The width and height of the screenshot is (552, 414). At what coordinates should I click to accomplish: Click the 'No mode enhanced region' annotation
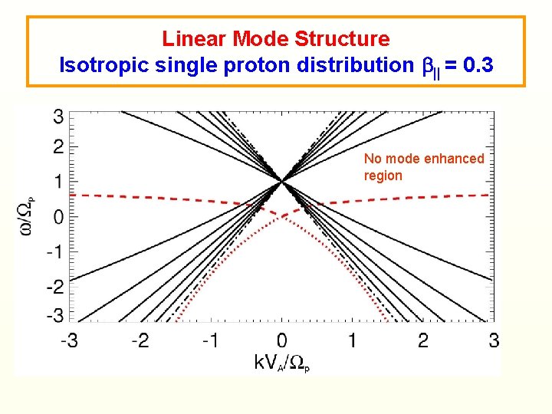(x=423, y=167)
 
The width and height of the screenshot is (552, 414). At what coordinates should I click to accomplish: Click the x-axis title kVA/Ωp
(x=281, y=363)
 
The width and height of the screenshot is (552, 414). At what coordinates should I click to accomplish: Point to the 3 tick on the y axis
(x=58, y=117)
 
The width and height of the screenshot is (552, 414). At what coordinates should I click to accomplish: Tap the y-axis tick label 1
(x=58, y=181)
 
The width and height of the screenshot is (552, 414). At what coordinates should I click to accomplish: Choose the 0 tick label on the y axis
(x=58, y=217)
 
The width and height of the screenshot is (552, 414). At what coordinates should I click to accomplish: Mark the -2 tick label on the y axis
(x=55, y=286)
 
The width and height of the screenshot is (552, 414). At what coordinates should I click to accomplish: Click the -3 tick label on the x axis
(x=69, y=340)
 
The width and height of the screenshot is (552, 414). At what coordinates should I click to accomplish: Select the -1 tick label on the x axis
(x=210, y=340)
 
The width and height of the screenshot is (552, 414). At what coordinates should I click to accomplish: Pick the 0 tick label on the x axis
(x=282, y=340)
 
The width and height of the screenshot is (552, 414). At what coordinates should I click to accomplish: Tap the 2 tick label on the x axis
(x=423, y=340)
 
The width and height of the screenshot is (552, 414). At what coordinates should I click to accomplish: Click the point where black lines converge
(x=282, y=181)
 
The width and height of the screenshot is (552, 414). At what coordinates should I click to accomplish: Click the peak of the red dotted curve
(x=282, y=217)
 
